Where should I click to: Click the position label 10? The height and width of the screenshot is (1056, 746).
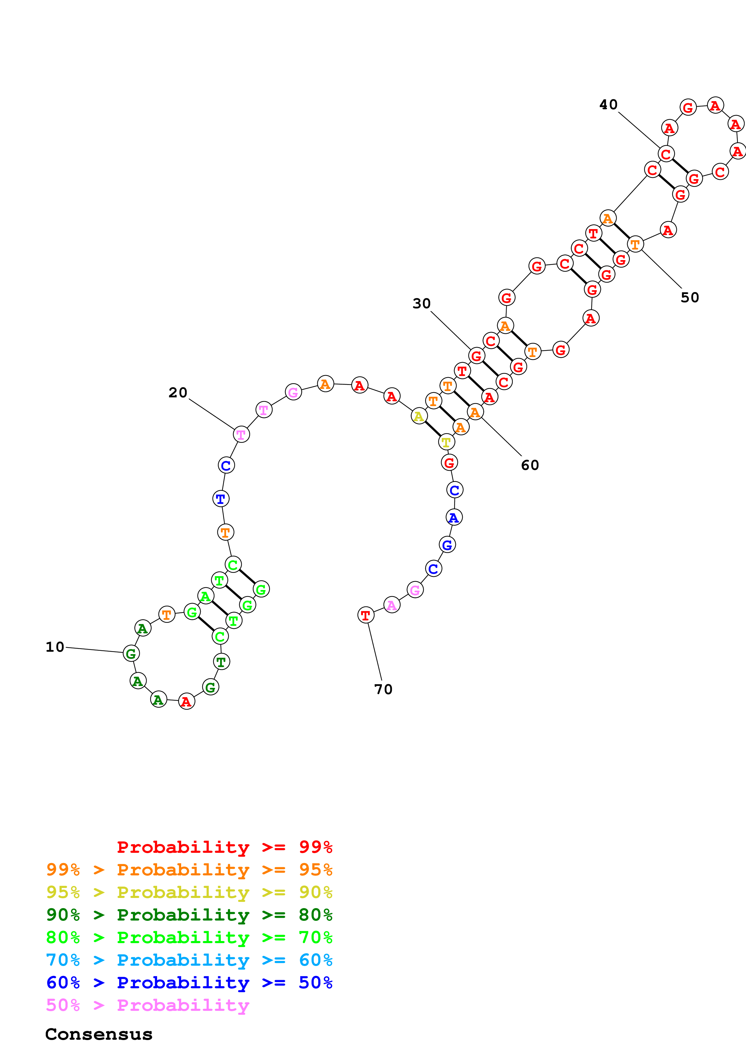(55, 647)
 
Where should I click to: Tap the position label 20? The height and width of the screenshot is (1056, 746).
(178, 393)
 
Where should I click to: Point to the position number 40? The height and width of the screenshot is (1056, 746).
(608, 105)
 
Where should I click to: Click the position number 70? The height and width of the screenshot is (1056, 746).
(383, 689)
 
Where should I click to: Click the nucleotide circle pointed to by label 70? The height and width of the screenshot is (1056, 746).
(366, 615)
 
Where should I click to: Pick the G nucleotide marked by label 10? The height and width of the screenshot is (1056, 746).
(132, 653)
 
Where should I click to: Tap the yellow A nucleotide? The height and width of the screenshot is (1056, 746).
(419, 416)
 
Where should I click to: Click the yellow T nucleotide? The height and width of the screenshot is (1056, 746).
(446, 442)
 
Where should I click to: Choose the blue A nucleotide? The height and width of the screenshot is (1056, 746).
(454, 517)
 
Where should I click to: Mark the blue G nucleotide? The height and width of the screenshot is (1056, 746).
(447, 545)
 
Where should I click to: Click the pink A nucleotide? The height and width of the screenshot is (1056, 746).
(392, 605)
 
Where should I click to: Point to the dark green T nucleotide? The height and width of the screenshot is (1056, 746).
(221, 662)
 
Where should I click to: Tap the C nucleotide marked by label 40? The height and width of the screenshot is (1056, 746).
(666, 154)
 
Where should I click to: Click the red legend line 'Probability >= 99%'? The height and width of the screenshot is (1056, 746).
(224, 847)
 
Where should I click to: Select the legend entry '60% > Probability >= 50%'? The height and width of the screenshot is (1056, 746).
(189, 983)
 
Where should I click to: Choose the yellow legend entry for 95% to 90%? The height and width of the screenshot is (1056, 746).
(189, 892)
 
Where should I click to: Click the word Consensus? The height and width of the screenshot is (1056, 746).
(99, 1034)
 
